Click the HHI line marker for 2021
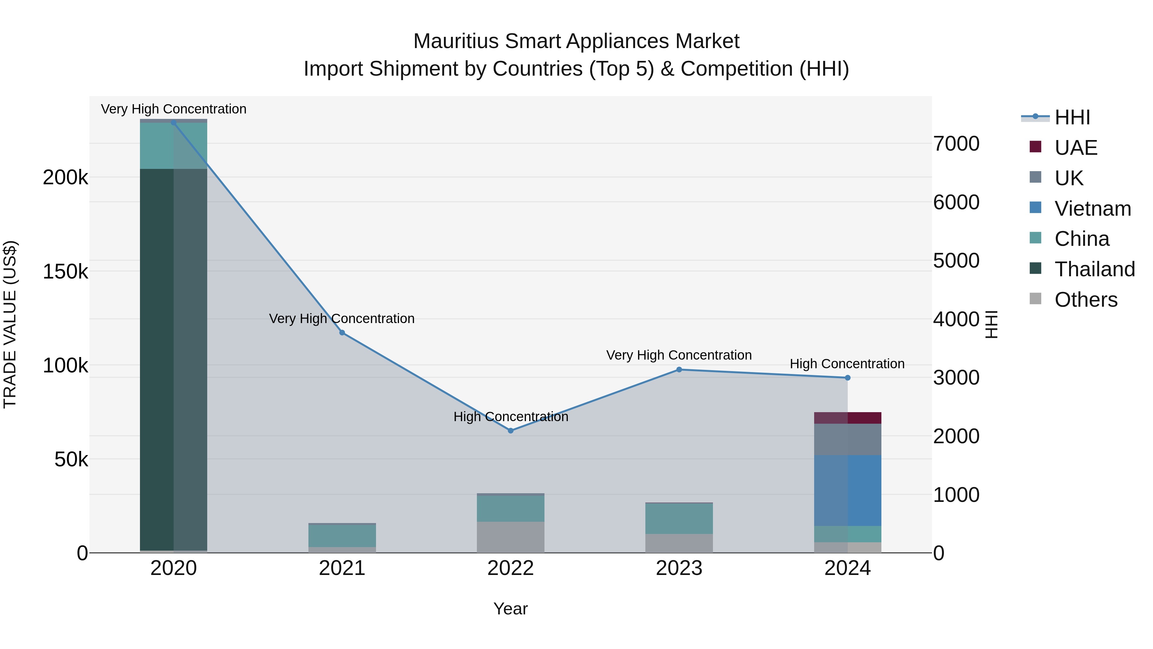pos(342,333)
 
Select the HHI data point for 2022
pos(511,430)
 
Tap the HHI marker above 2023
pos(679,370)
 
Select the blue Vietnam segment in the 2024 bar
pos(847,490)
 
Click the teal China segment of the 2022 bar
pos(511,508)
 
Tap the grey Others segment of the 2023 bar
pos(679,543)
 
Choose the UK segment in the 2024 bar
pos(847,439)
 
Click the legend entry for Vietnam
pos(1092,209)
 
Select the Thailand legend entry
pos(1094,269)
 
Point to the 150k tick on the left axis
pos(65,271)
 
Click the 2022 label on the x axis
pos(511,568)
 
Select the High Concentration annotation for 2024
pos(847,364)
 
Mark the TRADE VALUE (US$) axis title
pos(10,324)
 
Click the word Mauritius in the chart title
pos(456,41)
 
